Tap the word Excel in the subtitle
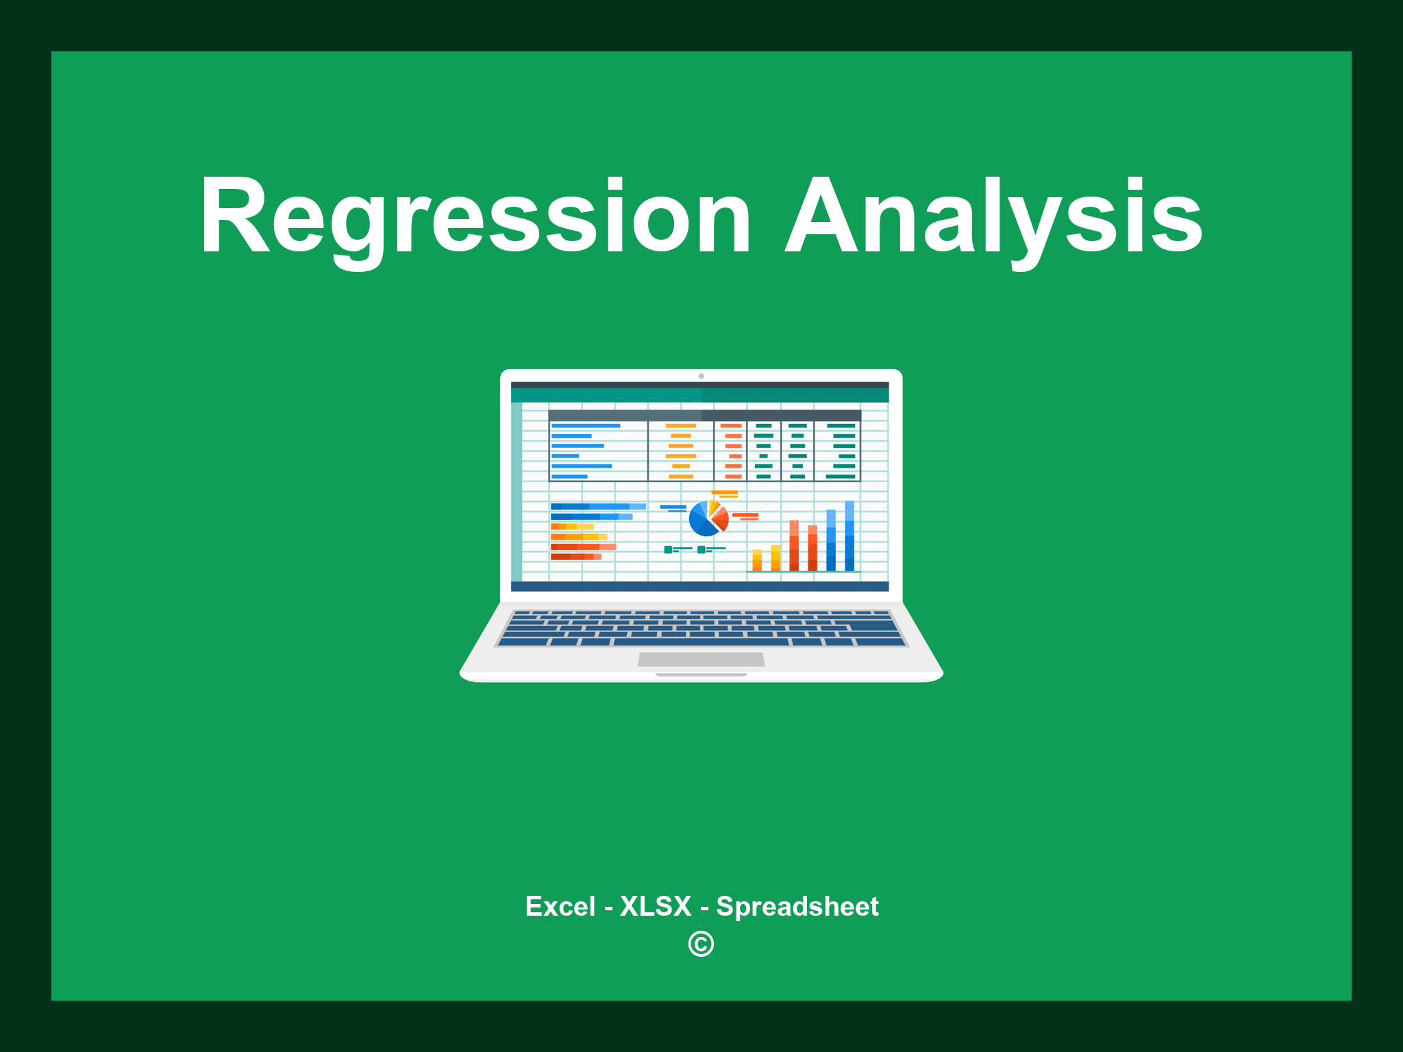click(560, 906)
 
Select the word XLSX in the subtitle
click(656, 906)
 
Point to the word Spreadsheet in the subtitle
click(797, 906)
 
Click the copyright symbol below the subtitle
click(701, 944)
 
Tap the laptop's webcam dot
click(701, 376)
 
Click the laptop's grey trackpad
click(701, 660)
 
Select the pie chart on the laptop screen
click(708, 519)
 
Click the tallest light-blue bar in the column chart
click(849, 535)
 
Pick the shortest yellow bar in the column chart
click(757, 560)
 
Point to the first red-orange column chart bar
click(794, 545)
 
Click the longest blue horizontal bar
click(597, 506)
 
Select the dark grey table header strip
click(704, 415)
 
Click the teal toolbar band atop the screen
click(699, 395)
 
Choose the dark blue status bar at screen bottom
click(699, 586)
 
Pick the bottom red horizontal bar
click(575, 557)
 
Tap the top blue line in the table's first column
click(586, 426)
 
